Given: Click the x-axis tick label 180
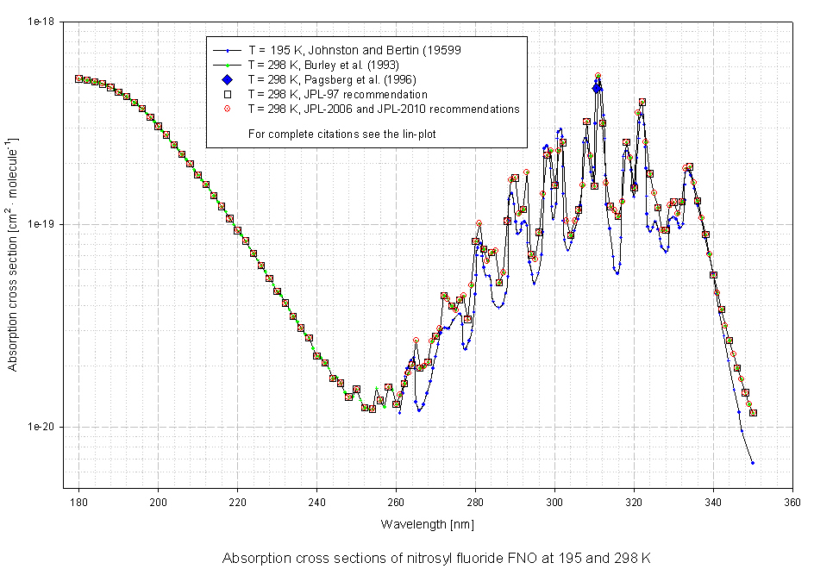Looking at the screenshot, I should (x=78, y=500).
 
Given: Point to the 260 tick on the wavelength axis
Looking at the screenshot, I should (x=396, y=500).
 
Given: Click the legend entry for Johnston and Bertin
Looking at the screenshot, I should (x=354, y=50).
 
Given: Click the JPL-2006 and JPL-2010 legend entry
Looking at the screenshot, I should (x=383, y=109).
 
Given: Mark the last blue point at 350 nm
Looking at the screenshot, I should (x=753, y=463).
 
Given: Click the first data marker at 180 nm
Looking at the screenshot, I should (x=78, y=78).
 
